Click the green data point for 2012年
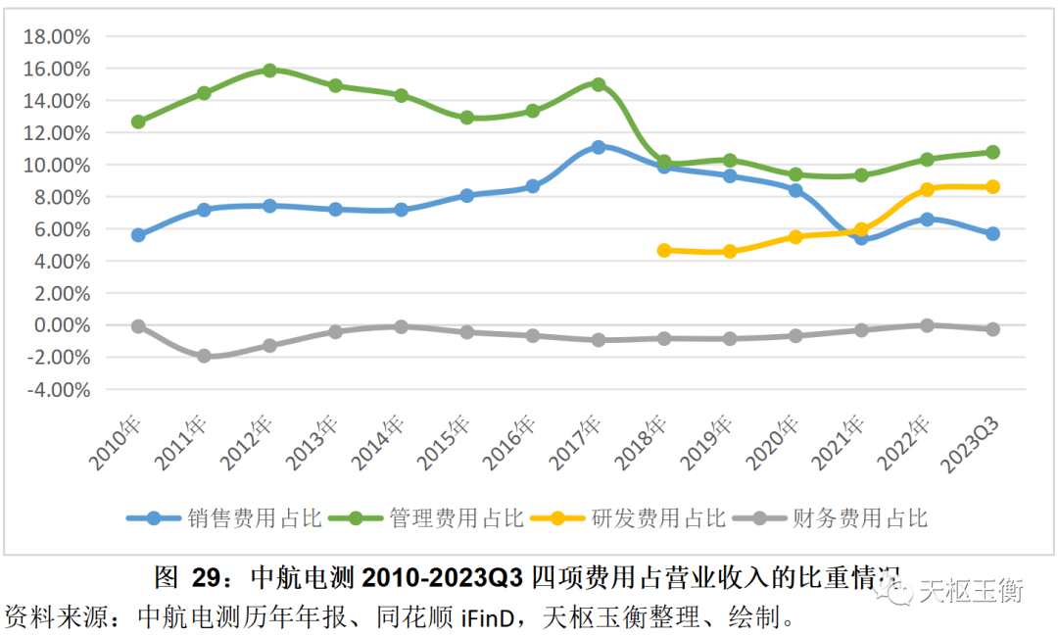click(269, 71)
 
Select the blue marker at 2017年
click(599, 147)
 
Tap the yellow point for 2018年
click(664, 250)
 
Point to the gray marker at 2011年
click(204, 356)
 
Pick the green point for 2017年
click(599, 85)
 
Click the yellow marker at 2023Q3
click(992, 186)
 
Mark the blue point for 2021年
click(861, 237)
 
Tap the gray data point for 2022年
click(927, 324)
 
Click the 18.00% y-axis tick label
click(57, 37)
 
